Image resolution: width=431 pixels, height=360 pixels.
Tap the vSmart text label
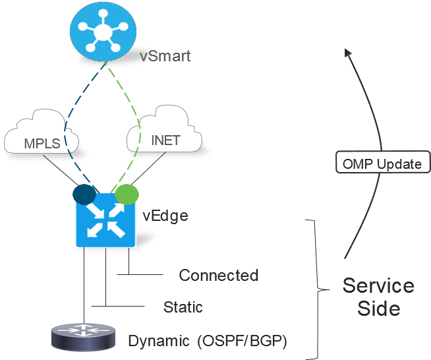point(165,56)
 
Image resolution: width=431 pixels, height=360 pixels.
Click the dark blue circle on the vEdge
point(85,195)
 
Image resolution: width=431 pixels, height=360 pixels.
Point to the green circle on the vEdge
point(127,195)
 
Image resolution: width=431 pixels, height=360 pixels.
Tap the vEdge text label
point(165,215)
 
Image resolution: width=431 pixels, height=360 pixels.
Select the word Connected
point(218,275)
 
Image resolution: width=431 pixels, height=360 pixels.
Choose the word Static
point(183,307)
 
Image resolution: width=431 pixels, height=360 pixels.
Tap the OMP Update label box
point(382,164)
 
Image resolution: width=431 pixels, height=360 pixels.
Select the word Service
point(378,285)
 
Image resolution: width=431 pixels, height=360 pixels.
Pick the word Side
point(379,309)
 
